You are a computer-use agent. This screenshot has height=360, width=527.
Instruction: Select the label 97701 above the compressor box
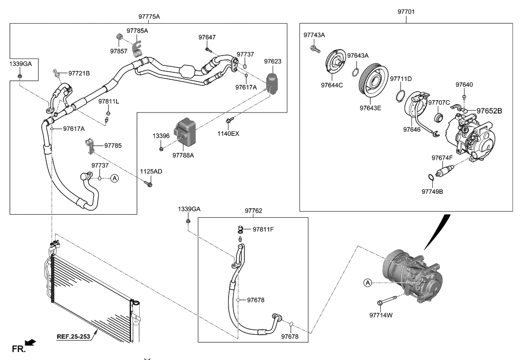pos(407,10)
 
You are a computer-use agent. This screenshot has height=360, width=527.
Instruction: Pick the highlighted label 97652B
pos(489,111)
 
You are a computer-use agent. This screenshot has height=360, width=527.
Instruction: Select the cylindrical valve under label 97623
pos(272,83)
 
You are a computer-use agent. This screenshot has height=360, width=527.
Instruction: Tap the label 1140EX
pos(228,133)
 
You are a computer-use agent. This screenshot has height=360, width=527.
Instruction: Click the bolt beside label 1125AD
pos(149,184)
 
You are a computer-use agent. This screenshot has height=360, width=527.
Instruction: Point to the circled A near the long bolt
pos(367,283)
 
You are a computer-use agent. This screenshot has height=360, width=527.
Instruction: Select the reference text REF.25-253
pos(73,336)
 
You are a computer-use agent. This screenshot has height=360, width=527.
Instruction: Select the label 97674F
pos(442,158)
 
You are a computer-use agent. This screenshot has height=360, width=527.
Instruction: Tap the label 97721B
pos(79,73)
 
